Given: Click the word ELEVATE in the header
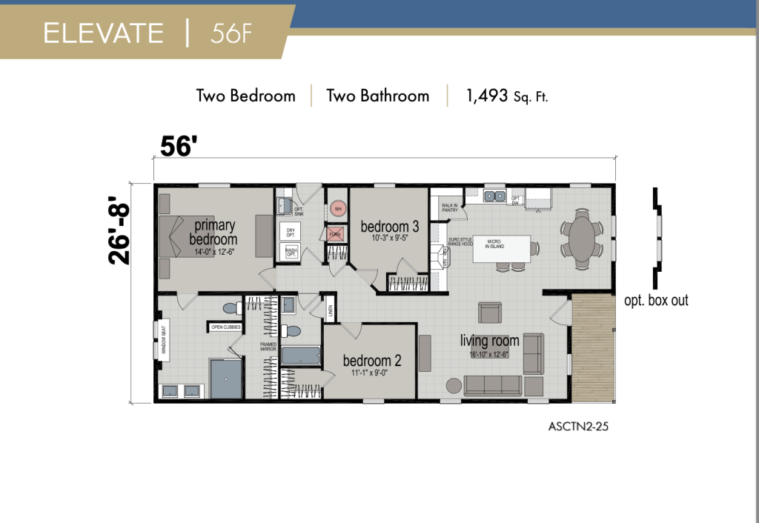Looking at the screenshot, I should (x=103, y=33).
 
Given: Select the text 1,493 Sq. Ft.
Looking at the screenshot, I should (x=507, y=96).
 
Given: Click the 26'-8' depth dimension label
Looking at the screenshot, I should (x=121, y=230).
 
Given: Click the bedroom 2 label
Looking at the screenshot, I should (x=372, y=361).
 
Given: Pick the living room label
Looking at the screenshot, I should (x=489, y=341).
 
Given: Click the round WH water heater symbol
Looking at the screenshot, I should (x=338, y=209).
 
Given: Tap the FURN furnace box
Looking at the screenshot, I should (x=335, y=235).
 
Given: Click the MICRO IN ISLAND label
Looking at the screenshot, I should (x=495, y=243).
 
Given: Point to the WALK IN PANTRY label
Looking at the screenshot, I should (x=448, y=209).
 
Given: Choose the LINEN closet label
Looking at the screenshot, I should (x=330, y=309).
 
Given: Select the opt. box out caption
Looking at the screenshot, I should (x=656, y=300).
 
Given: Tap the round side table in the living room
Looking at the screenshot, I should (x=453, y=385).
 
